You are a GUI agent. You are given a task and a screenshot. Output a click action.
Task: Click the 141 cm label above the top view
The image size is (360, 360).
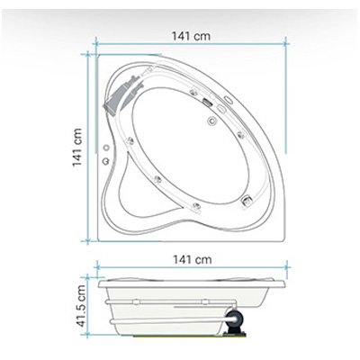coord(191,36)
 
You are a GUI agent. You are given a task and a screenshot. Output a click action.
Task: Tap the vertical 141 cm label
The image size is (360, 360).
coord(76,148)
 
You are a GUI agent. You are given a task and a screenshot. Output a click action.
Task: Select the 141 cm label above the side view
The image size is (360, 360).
coord(192,259)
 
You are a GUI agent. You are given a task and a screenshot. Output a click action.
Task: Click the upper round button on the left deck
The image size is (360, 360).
coord(106,148)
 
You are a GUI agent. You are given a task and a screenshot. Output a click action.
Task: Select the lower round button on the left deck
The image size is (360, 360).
coord(105,161)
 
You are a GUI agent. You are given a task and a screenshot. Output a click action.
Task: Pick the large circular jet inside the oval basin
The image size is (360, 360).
coord(212,121)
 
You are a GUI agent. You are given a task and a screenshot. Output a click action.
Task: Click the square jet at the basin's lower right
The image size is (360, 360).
coord(247,200)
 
